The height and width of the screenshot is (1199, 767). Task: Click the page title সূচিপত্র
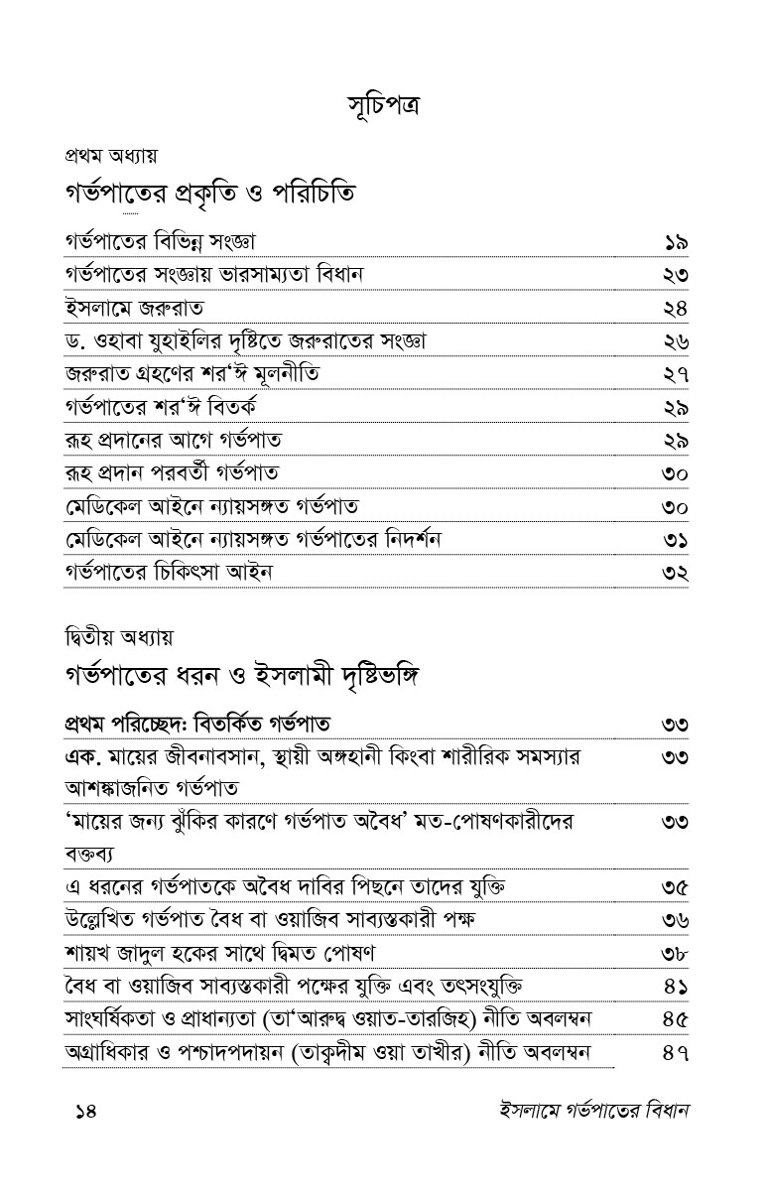click(383, 104)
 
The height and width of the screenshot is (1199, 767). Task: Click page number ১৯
click(676, 242)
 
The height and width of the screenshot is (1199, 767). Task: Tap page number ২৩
click(676, 275)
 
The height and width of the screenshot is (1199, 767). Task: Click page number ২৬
click(676, 341)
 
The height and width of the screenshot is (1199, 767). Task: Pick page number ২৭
click(676, 374)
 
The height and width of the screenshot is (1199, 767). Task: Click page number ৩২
click(676, 573)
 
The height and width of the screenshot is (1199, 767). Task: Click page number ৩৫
click(676, 886)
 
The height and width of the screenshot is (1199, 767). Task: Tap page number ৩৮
click(676, 953)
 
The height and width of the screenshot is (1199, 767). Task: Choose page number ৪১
click(676, 987)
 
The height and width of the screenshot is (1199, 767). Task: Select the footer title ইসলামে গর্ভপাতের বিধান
click(580, 1111)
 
